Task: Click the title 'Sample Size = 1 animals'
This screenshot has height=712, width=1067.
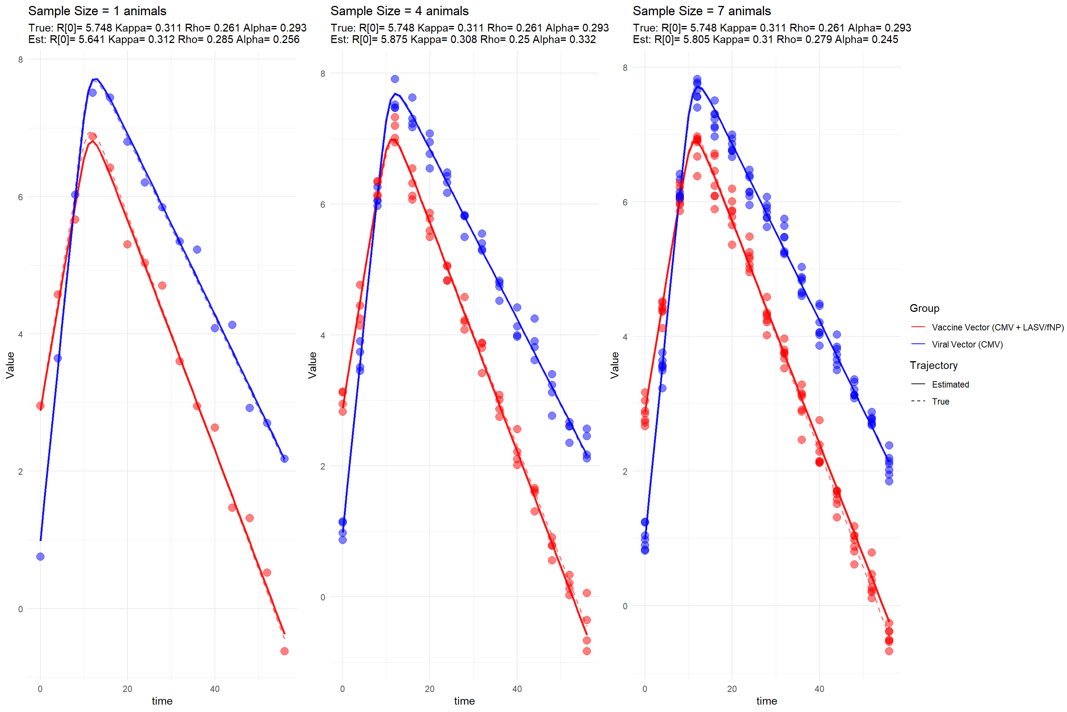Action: pos(97,11)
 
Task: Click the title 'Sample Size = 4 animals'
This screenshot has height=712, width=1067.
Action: pos(399,11)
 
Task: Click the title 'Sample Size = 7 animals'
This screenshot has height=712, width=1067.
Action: pos(701,11)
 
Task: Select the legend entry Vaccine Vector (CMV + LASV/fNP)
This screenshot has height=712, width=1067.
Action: pos(997,327)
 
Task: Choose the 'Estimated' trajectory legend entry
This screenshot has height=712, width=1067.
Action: pos(950,385)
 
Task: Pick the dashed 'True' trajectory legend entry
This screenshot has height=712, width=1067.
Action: pos(940,401)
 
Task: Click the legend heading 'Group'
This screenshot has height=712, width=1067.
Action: pos(924,308)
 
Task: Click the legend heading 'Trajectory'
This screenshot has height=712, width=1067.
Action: pos(933,366)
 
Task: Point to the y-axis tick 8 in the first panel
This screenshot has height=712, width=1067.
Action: pos(20,59)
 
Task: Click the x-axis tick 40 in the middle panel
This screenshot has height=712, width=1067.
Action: pos(517,689)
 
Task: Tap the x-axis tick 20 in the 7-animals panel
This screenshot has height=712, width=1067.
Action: pos(732,689)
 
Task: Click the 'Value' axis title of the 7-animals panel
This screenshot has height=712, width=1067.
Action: pos(614,365)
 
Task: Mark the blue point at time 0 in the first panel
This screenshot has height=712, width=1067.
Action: pos(40,557)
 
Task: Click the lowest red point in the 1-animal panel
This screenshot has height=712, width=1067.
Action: pos(285,651)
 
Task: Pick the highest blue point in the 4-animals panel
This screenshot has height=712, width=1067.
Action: pos(395,79)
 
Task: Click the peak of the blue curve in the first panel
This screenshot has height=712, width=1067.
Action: pos(95,79)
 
